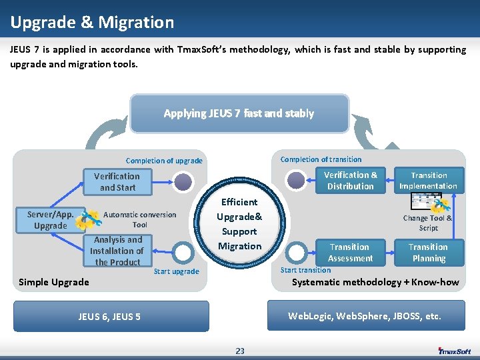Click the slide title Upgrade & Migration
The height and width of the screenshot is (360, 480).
(x=92, y=23)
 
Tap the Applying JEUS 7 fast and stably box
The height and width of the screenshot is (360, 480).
(x=239, y=113)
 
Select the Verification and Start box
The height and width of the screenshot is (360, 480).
(x=117, y=182)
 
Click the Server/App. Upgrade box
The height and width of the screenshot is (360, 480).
(x=51, y=220)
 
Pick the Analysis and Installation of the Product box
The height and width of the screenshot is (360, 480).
(x=117, y=251)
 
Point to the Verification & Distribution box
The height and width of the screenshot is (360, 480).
(x=351, y=181)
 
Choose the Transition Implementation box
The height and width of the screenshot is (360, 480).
(x=428, y=181)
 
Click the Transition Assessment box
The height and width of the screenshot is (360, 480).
(x=350, y=252)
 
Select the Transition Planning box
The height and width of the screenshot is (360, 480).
(x=428, y=252)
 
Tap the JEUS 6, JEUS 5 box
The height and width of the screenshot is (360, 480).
(x=109, y=316)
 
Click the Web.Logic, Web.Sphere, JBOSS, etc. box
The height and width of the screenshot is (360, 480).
(x=365, y=315)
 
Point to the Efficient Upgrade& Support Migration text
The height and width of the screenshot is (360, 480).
(x=239, y=224)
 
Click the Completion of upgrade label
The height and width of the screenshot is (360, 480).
(x=164, y=161)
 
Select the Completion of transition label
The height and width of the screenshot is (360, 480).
(x=321, y=159)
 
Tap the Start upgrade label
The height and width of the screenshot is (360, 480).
(x=176, y=271)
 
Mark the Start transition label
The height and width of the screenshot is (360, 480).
(x=305, y=270)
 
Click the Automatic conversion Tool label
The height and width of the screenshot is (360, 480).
(x=140, y=219)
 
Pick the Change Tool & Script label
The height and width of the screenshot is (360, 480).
(x=427, y=223)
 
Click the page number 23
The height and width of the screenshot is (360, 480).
(x=240, y=351)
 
